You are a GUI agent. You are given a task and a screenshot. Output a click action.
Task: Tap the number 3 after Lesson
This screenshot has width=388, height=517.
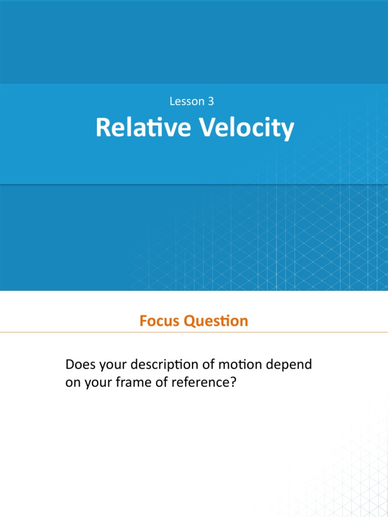[x=211, y=101]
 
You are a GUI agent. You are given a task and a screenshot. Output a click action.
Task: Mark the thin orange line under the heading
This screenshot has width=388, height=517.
[x=194, y=332]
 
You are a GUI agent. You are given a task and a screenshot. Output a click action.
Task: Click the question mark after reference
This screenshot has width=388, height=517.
[x=233, y=383]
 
